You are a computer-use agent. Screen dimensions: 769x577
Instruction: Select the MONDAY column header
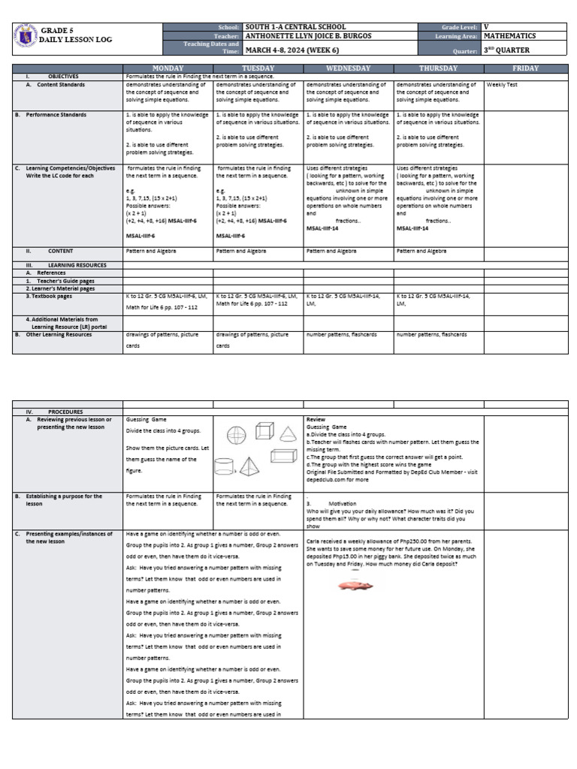[168, 68]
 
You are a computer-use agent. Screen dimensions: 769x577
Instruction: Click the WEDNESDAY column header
[348, 68]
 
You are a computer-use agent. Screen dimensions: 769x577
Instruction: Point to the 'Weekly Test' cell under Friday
[500, 85]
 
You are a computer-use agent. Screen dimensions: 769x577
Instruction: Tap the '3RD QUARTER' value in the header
[507, 51]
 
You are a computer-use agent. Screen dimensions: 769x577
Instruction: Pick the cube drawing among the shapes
[264, 430]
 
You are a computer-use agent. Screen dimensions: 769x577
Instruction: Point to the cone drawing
[288, 430]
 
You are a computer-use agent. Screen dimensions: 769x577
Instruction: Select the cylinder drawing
[225, 467]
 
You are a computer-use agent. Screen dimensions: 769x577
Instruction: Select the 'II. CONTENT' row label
[60, 250]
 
